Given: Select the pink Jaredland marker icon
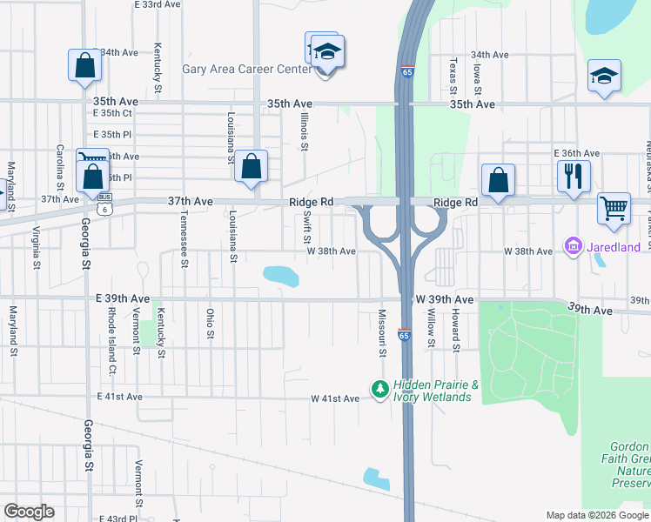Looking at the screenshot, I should click(573, 247).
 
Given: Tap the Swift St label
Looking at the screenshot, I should click(307, 230).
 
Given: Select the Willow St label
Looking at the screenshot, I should click(431, 327).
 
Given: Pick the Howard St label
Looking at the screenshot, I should click(454, 328).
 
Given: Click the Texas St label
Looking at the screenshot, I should click(453, 77).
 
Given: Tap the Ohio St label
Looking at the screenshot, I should click(210, 325).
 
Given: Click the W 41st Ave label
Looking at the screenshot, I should click(335, 398).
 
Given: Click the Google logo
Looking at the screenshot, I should click(29, 512).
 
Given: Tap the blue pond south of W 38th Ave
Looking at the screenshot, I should click(281, 276).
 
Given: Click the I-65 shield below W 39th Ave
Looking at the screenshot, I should click(405, 335).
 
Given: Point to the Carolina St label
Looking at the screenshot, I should click(60, 167).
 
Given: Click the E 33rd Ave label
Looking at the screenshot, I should click(158, 4).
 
